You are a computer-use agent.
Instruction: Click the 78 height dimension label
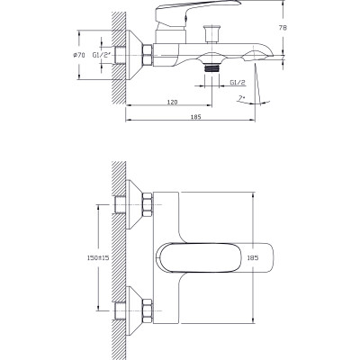click(283, 28)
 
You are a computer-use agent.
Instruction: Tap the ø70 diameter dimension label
click(79, 55)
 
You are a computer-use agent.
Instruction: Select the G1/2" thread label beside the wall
click(102, 55)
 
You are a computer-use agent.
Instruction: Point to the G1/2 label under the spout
click(238, 82)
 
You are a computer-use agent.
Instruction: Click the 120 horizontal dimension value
click(172, 102)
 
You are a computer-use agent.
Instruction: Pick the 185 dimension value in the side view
click(195, 117)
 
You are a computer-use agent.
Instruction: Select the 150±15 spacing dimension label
click(98, 257)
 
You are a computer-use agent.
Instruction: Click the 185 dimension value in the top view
click(253, 257)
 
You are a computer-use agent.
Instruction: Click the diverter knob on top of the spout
click(211, 34)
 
